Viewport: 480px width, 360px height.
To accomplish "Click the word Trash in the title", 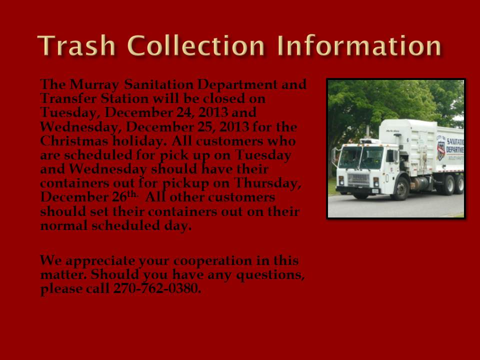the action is click(x=76, y=45).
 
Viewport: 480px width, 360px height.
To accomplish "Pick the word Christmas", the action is click(x=74, y=141).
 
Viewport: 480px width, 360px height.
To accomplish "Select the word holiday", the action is click(x=139, y=141).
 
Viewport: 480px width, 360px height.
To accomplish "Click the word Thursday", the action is click(x=267, y=183).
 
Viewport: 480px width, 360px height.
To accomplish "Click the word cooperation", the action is click(x=213, y=261).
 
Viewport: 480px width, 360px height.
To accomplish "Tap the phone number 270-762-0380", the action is click(x=157, y=288).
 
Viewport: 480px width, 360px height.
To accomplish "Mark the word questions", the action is click(x=270, y=275).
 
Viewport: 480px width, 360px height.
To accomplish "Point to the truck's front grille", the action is click(x=358, y=179).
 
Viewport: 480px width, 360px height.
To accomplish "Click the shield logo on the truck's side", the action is click(x=441, y=150).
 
